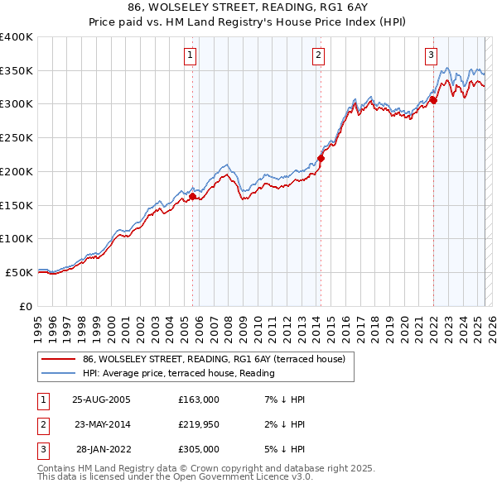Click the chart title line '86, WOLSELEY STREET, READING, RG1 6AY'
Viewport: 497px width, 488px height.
pyautogui.click(x=248, y=7)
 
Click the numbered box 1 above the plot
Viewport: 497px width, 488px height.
pyautogui.click(x=191, y=55)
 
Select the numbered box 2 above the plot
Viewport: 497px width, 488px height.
pyautogui.click(x=319, y=55)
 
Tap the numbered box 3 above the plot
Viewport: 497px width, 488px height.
pyautogui.click(x=432, y=55)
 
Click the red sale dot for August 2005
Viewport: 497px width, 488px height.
pyautogui.click(x=192, y=197)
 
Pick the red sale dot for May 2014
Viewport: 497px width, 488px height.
pyautogui.click(x=321, y=159)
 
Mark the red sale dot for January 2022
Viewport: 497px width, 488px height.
pyautogui.click(x=433, y=101)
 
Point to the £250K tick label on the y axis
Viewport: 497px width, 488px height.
pyautogui.click(x=17, y=138)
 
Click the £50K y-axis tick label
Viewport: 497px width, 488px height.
pyautogui.click(x=20, y=272)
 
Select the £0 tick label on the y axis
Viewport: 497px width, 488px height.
pyautogui.click(x=27, y=306)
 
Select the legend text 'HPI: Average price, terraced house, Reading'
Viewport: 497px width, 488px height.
pyautogui.click(x=179, y=373)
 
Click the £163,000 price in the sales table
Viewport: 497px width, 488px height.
pyautogui.click(x=199, y=399)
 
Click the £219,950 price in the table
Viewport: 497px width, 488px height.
pyautogui.click(x=199, y=424)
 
